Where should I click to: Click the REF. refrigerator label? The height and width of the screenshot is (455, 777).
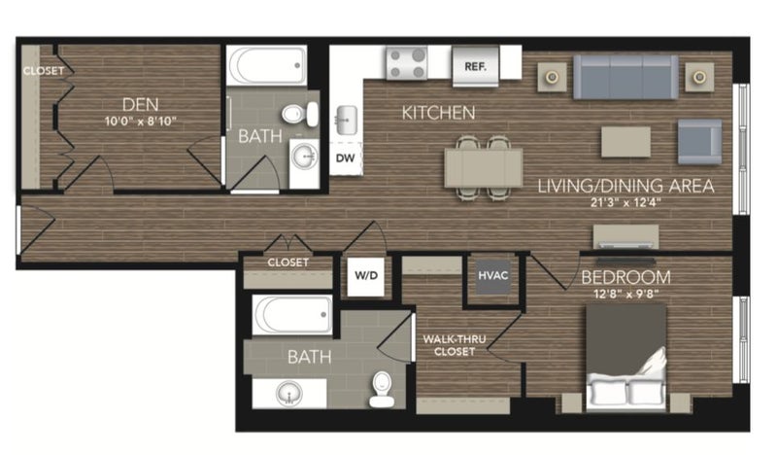point(475,66)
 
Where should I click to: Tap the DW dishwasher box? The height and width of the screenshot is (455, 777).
point(346,157)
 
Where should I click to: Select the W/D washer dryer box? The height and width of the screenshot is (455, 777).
point(366,276)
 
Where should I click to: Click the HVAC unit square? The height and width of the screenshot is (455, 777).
point(493,276)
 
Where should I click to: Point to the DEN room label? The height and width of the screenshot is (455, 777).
point(141,105)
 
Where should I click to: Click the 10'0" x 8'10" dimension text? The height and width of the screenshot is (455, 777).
point(141,122)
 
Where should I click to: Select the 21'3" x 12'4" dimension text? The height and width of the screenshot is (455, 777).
point(625,202)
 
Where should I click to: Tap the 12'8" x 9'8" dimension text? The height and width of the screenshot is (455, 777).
point(625,294)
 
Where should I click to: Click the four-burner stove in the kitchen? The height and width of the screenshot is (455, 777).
point(406,62)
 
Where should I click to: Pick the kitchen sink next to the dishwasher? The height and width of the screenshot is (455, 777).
point(347,121)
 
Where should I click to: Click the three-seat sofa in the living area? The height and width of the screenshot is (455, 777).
point(625,77)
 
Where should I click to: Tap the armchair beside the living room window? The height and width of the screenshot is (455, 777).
point(699,142)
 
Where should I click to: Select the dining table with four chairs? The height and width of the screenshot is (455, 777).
point(484,168)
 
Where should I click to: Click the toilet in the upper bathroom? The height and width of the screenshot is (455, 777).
point(301,114)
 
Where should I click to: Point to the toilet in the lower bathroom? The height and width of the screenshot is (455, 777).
point(382,389)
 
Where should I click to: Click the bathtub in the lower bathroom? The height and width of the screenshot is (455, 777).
point(292,315)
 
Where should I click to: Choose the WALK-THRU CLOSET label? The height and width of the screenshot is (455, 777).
point(455,345)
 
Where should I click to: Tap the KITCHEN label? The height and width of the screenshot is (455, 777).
point(438,113)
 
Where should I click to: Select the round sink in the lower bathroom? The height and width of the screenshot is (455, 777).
point(289,394)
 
